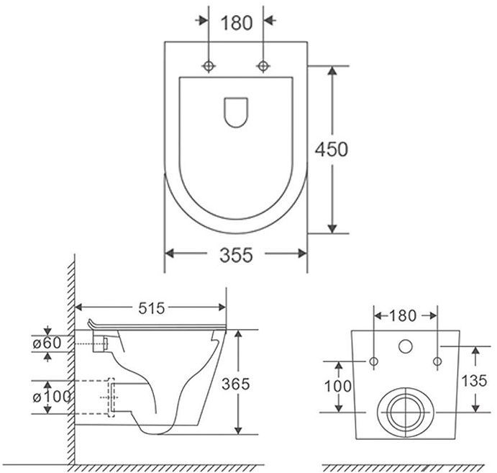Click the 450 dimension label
332,150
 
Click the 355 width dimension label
236,255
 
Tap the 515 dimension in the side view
152,308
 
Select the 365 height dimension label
236,384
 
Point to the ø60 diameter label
47,343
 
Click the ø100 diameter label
51,397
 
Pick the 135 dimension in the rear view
474,381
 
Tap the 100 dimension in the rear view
337,386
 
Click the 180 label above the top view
237,23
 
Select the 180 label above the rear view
403,315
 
